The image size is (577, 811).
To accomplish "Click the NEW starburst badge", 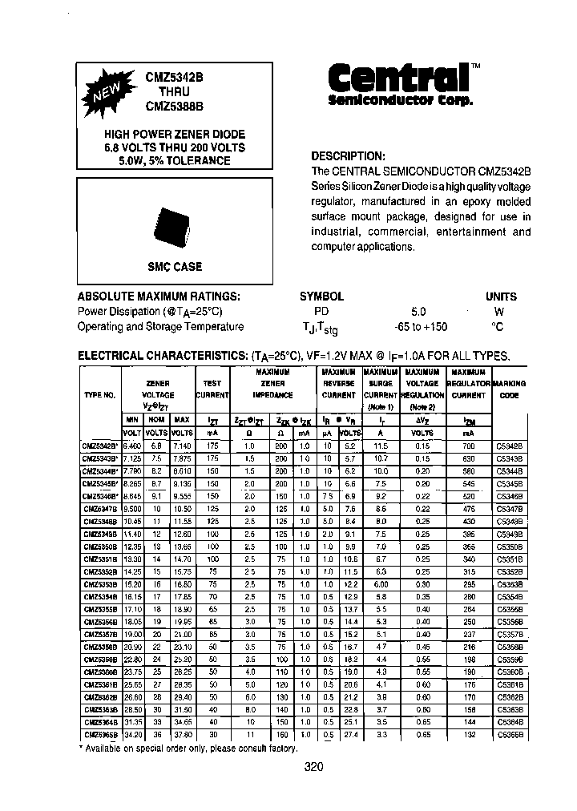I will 107,95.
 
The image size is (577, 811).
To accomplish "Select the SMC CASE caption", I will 175,267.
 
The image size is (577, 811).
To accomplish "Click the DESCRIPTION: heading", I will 348,156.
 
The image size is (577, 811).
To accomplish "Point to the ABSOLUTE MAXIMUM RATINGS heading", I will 159,296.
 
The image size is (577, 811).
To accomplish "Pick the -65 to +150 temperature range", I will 422,326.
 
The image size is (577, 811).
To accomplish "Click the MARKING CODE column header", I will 510,389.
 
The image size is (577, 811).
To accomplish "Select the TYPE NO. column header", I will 99,395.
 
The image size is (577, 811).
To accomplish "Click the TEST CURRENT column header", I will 212,389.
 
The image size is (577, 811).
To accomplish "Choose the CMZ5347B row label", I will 100,508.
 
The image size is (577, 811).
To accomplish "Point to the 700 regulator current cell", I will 468,445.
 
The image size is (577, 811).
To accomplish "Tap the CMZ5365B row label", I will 100,734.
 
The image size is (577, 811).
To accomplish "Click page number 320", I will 314,767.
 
